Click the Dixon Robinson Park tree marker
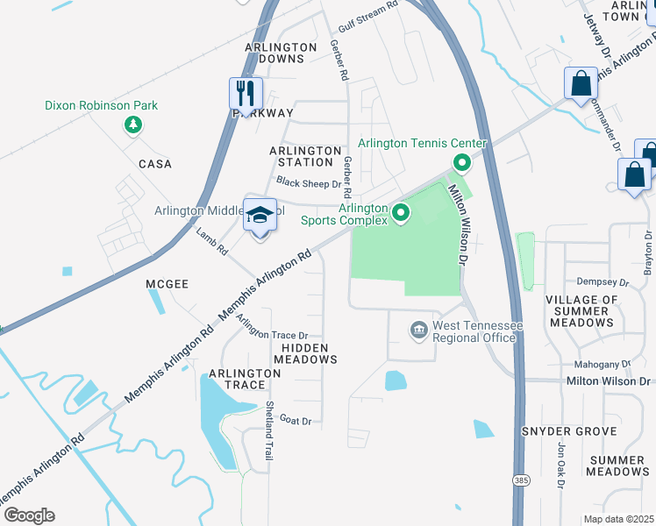pyautogui.click(x=132, y=125)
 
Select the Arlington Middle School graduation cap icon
pyautogui.click(x=260, y=215)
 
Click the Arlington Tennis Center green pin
pyautogui.click(x=460, y=162)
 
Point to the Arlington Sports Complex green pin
pyautogui.click(x=401, y=213)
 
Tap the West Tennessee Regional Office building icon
pyautogui.click(x=418, y=330)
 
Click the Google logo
pyautogui.click(x=28, y=515)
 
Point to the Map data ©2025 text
pyautogui.click(x=617, y=519)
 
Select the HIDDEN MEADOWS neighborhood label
pyautogui.click(x=304, y=353)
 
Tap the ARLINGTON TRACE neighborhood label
pyautogui.click(x=244, y=379)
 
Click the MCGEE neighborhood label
pyautogui.click(x=168, y=284)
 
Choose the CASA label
pyautogui.click(x=154, y=164)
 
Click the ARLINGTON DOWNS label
pyautogui.click(x=281, y=53)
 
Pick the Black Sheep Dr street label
pyautogui.click(x=308, y=183)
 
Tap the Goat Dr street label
pyautogui.click(x=296, y=421)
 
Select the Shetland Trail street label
pyautogui.click(x=270, y=431)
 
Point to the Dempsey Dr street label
pyautogui.click(x=603, y=282)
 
